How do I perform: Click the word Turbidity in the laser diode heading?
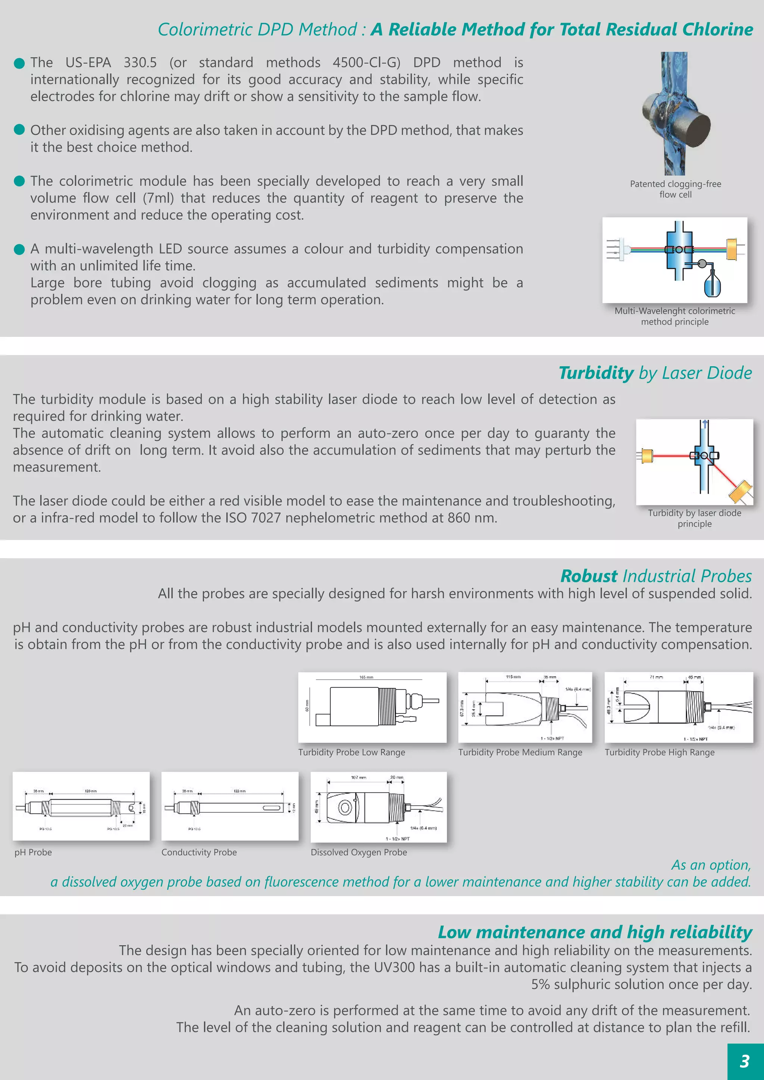pos(596,373)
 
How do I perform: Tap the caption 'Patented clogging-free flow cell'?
pos(675,189)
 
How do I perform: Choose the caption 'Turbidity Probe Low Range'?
pos(351,752)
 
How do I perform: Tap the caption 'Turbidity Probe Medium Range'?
pos(520,752)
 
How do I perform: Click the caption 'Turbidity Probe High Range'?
pos(659,752)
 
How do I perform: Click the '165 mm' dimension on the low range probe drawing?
pos(366,677)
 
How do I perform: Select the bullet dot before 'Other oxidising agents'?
pos(19,130)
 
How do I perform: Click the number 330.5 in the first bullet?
pos(140,63)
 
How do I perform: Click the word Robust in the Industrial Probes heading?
pos(589,576)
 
